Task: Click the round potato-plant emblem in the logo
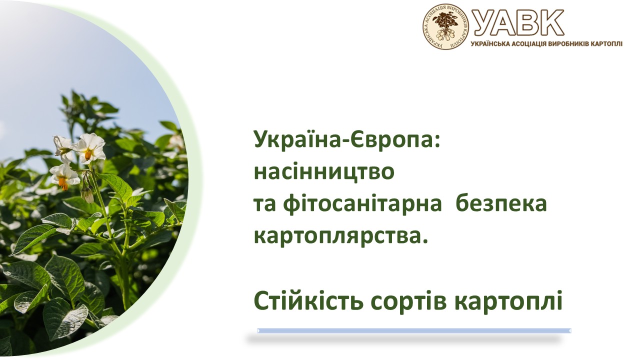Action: [445, 26]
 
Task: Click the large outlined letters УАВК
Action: [518, 22]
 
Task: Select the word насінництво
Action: [324, 171]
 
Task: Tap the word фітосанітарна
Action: [363, 204]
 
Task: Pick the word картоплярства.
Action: [341, 236]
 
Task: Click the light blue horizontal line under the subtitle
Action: [414, 330]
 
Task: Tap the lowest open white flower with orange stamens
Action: [64, 176]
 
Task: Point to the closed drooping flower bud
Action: [87, 194]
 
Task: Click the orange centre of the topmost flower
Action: [88, 155]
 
